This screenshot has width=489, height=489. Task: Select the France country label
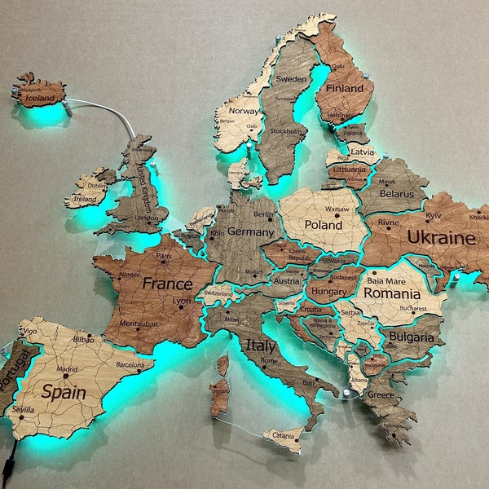167,284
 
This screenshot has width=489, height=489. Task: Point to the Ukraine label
441,238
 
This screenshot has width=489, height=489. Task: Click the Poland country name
324,224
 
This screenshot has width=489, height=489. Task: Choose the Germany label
240,231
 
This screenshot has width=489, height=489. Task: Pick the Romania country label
392,293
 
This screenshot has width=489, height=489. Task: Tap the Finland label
345,88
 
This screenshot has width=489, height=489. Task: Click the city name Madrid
67,369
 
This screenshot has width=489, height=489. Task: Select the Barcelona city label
130,365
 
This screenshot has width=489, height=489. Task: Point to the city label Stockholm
285,130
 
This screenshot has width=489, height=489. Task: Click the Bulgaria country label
412,337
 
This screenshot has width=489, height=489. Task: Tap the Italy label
260,346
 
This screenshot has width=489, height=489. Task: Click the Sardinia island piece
218,397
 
